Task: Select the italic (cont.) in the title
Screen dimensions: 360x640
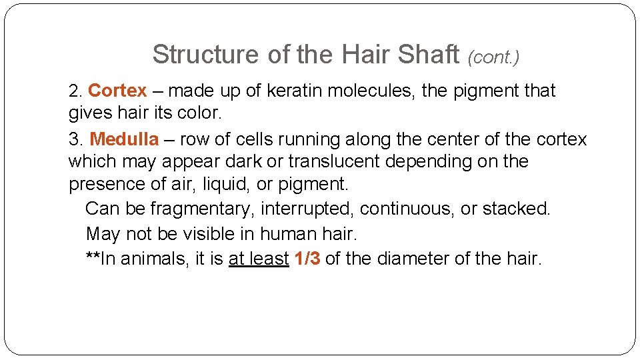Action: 493,57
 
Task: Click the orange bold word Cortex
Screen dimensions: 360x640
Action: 117,91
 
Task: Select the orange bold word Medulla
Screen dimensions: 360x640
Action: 124,139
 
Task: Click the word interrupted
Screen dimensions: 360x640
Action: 307,209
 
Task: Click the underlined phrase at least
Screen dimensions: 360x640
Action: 259,259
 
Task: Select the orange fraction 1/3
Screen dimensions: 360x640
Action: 307,259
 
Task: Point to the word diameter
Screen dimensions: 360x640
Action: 412,259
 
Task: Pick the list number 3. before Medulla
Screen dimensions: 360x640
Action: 76,140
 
